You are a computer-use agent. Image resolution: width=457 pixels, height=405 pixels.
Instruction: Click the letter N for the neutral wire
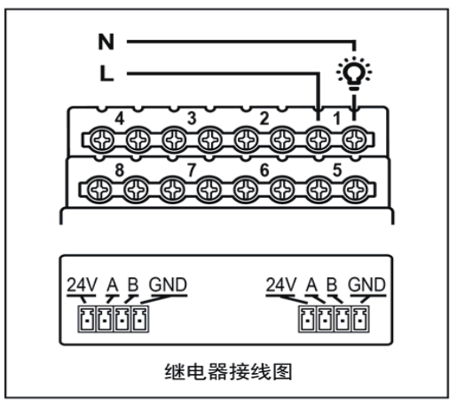(x=106, y=42)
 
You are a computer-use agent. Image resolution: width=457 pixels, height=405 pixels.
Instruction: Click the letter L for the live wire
(x=106, y=74)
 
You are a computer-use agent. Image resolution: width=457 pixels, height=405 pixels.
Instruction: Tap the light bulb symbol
(x=354, y=73)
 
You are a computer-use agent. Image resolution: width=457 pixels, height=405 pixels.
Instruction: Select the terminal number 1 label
(x=336, y=119)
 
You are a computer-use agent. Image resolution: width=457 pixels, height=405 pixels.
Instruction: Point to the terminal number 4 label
(x=120, y=118)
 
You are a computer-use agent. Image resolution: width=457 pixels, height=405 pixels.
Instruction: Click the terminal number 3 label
(x=192, y=118)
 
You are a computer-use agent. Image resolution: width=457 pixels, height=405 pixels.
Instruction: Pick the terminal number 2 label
(x=264, y=118)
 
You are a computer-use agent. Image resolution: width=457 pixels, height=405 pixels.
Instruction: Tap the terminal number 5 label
(x=337, y=170)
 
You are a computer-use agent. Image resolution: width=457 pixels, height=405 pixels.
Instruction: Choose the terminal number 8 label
(x=119, y=170)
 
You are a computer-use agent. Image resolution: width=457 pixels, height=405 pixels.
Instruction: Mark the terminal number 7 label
(x=192, y=170)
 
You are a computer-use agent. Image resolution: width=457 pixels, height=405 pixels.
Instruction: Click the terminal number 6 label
(x=264, y=170)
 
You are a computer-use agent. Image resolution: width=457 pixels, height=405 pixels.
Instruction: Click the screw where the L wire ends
(x=319, y=139)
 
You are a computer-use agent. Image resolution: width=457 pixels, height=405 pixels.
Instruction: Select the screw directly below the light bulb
(x=354, y=139)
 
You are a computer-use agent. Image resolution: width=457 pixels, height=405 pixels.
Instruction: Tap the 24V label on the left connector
(x=82, y=285)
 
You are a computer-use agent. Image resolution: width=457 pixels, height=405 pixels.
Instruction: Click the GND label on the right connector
(x=366, y=285)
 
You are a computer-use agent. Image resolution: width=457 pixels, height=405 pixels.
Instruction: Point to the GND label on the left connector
(x=168, y=285)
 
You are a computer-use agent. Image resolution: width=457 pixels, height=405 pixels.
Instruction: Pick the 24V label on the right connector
(x=281, y=285)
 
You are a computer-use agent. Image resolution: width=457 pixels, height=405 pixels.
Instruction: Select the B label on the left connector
(x=133, y=285)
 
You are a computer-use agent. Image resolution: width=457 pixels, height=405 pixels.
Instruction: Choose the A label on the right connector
(x=311, y=285)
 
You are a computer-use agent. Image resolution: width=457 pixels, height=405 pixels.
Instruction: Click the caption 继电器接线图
(x=228, y=372)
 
